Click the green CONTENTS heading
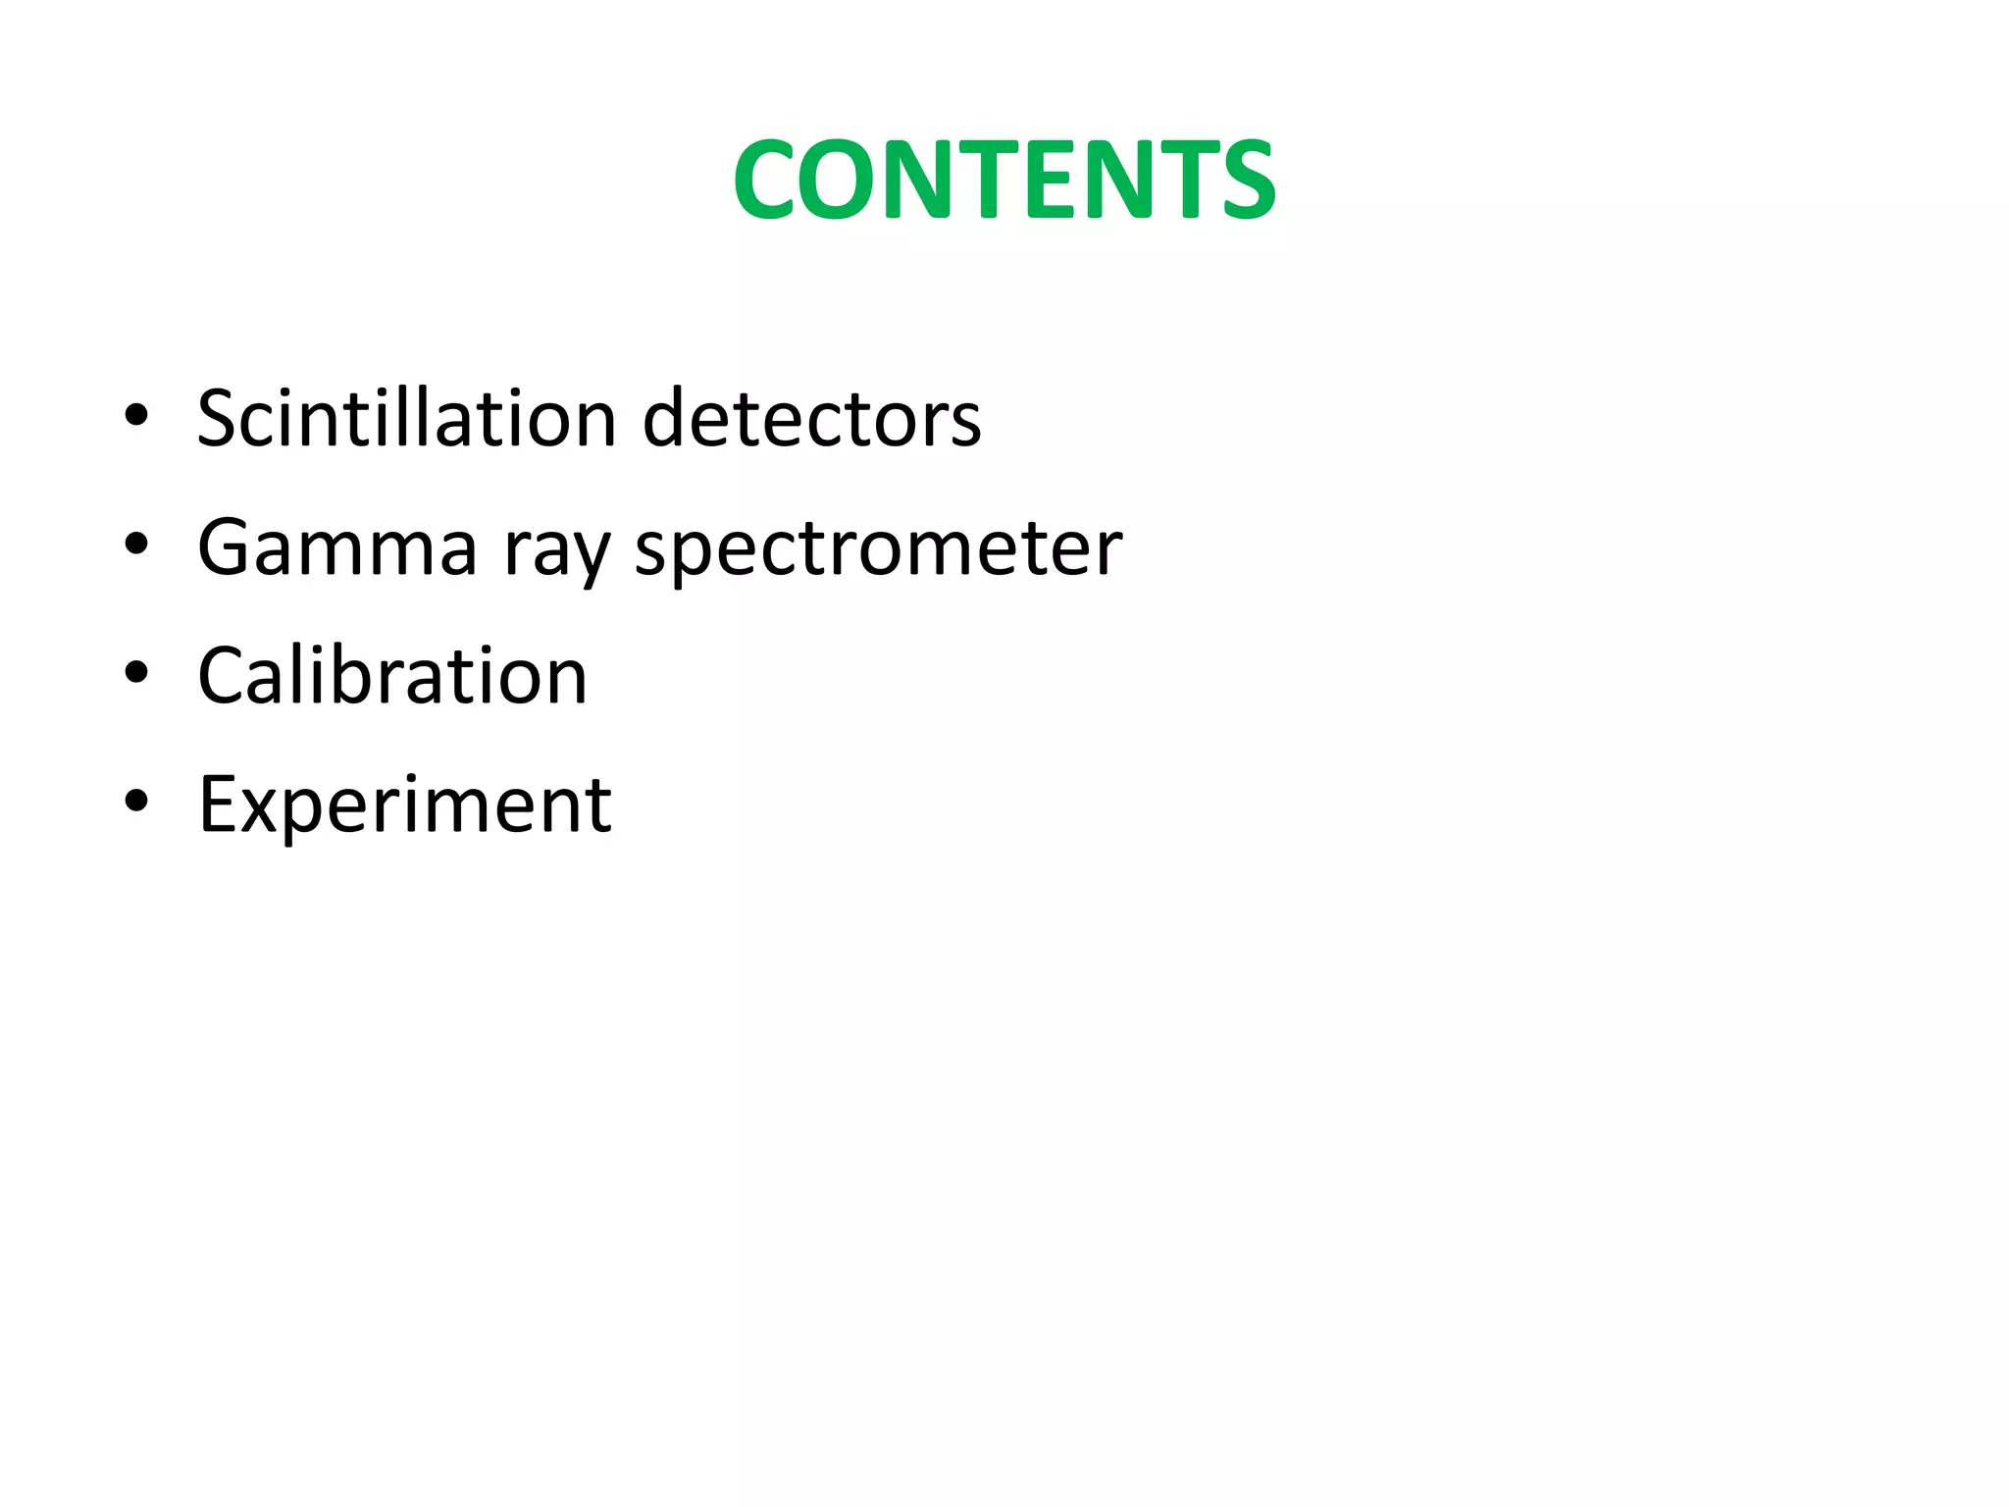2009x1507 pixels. [1004, 180]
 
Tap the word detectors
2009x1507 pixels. [811, 419]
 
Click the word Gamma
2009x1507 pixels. [337, 547]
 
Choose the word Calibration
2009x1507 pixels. [392, 676]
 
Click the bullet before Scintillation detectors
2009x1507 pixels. [136, 415]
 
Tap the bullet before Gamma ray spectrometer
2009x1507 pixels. [136, 544]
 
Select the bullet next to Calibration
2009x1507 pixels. [136, 673]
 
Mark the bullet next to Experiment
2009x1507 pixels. [136, 802]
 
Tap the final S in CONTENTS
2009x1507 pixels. [1242, 181]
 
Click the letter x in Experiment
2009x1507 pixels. [260, 810]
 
